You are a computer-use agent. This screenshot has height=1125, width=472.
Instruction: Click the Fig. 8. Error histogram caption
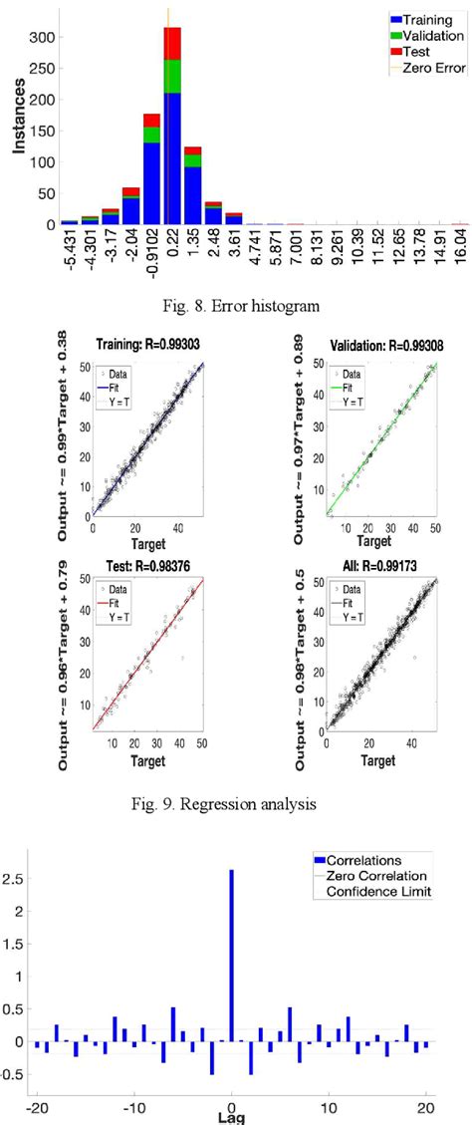[234, 307]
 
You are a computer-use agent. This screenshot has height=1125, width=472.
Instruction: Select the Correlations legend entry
[384, 858]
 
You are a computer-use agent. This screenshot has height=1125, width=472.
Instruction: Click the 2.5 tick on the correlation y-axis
[13, 880]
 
